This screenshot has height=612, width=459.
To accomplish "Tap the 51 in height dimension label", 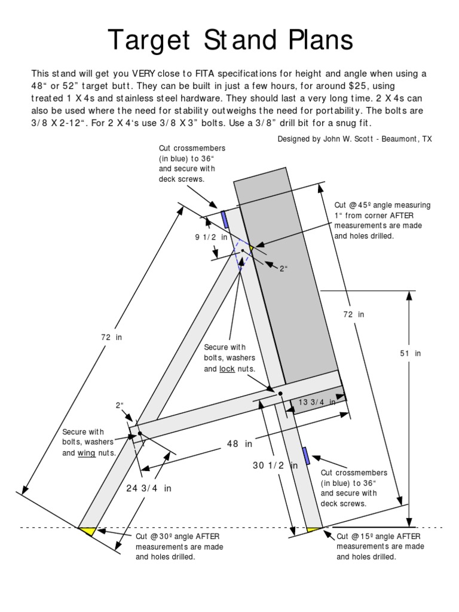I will point(410,354).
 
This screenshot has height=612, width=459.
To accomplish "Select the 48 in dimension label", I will point(240,444).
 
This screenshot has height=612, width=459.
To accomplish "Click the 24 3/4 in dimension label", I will point(148,488).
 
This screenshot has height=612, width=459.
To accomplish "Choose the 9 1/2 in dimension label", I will point(212,237).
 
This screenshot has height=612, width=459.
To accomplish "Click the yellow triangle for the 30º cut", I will point(87,530).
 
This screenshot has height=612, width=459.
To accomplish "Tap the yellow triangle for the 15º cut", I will point(313,530).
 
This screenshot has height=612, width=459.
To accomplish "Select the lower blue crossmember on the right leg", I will point(306,455).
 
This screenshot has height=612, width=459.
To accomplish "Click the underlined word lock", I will point(227,369).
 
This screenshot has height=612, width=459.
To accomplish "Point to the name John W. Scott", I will point(357,139).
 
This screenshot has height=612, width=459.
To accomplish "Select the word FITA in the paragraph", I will point(204,74).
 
